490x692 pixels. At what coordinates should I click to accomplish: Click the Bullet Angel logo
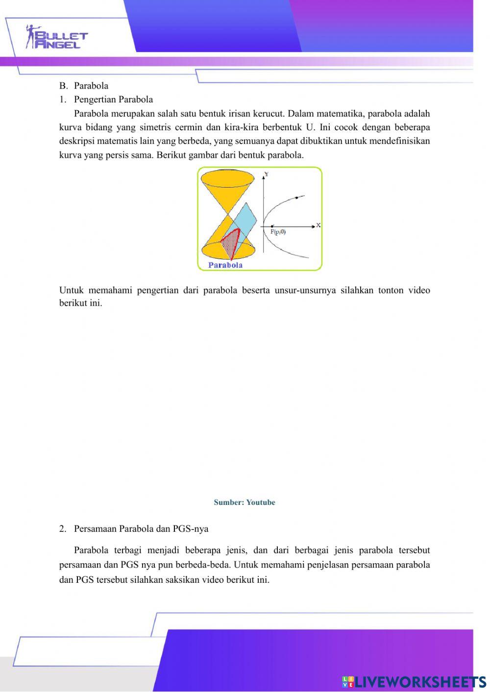(x=56, y=37)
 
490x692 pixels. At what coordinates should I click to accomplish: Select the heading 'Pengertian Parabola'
(x=113, y=99)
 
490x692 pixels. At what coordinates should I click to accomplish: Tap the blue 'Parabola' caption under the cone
(x=225, y=265)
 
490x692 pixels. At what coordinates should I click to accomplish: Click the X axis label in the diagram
(x=318, y=225)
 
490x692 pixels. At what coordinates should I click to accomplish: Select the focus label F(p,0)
(x=278, y=232)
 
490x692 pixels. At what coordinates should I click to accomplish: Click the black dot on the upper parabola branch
(x=296, y=198)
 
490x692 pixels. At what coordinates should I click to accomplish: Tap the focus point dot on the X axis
(x=272, y=226)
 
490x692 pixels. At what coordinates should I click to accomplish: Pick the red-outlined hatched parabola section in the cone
(x=231, y=242)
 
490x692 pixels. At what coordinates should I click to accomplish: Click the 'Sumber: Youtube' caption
(x=245, y=502)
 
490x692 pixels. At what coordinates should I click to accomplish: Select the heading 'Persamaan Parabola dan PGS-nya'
(x=141, y=529)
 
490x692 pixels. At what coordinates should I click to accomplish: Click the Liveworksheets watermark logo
(x=414, y=681)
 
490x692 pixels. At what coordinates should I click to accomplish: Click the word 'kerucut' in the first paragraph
(x=269, y=114)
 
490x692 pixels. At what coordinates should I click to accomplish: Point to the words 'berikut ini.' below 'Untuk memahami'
(x=81, y=303)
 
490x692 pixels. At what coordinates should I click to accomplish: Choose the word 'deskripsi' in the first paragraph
(x=77, y=141)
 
